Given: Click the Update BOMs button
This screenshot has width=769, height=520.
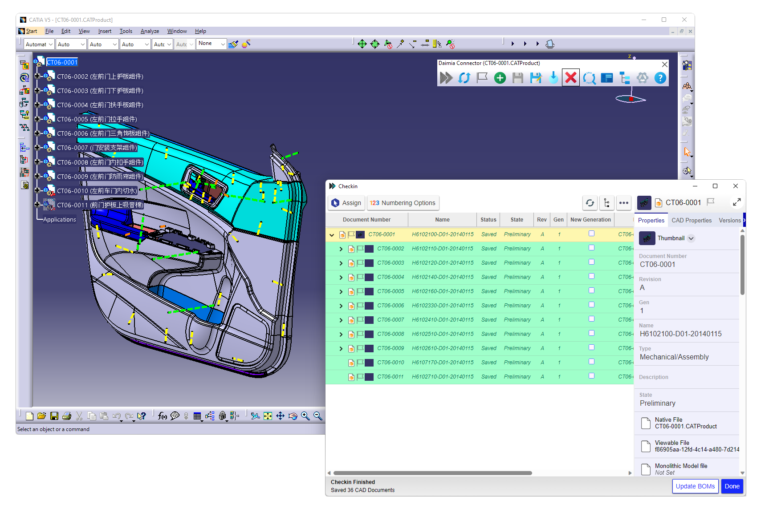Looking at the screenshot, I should pos(695,486).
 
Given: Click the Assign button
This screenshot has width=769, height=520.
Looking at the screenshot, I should pos(346,203).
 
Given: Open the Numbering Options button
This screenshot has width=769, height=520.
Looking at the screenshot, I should pos(403,203).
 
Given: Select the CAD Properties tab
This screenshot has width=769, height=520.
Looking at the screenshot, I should pos(691,220).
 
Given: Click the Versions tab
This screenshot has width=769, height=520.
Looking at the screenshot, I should pos(729,220).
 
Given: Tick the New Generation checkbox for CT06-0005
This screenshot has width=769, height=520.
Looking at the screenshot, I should pos(591,290).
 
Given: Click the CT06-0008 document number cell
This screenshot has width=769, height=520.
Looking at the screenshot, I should pos(391,334).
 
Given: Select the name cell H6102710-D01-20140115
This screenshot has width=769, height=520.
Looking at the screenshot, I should pos(443,377).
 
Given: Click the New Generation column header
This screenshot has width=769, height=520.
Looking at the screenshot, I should pos(590,220).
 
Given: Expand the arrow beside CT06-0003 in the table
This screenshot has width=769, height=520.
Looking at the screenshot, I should pos(341,263).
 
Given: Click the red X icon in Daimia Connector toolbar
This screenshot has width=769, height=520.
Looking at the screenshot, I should pos(570,78).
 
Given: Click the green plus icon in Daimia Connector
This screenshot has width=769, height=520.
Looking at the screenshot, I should pos(500,78).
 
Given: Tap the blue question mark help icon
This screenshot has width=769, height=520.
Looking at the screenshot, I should pos(660,78).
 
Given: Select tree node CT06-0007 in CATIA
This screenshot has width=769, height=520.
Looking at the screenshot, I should pos(97,148).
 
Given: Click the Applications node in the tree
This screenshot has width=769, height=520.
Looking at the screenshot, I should pos(60,219).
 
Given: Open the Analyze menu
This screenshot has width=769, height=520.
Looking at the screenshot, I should pos(150,31).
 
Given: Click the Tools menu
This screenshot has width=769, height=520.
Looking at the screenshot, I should pos(126,31).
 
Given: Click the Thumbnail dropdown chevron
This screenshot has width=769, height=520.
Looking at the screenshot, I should pos(691,238).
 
